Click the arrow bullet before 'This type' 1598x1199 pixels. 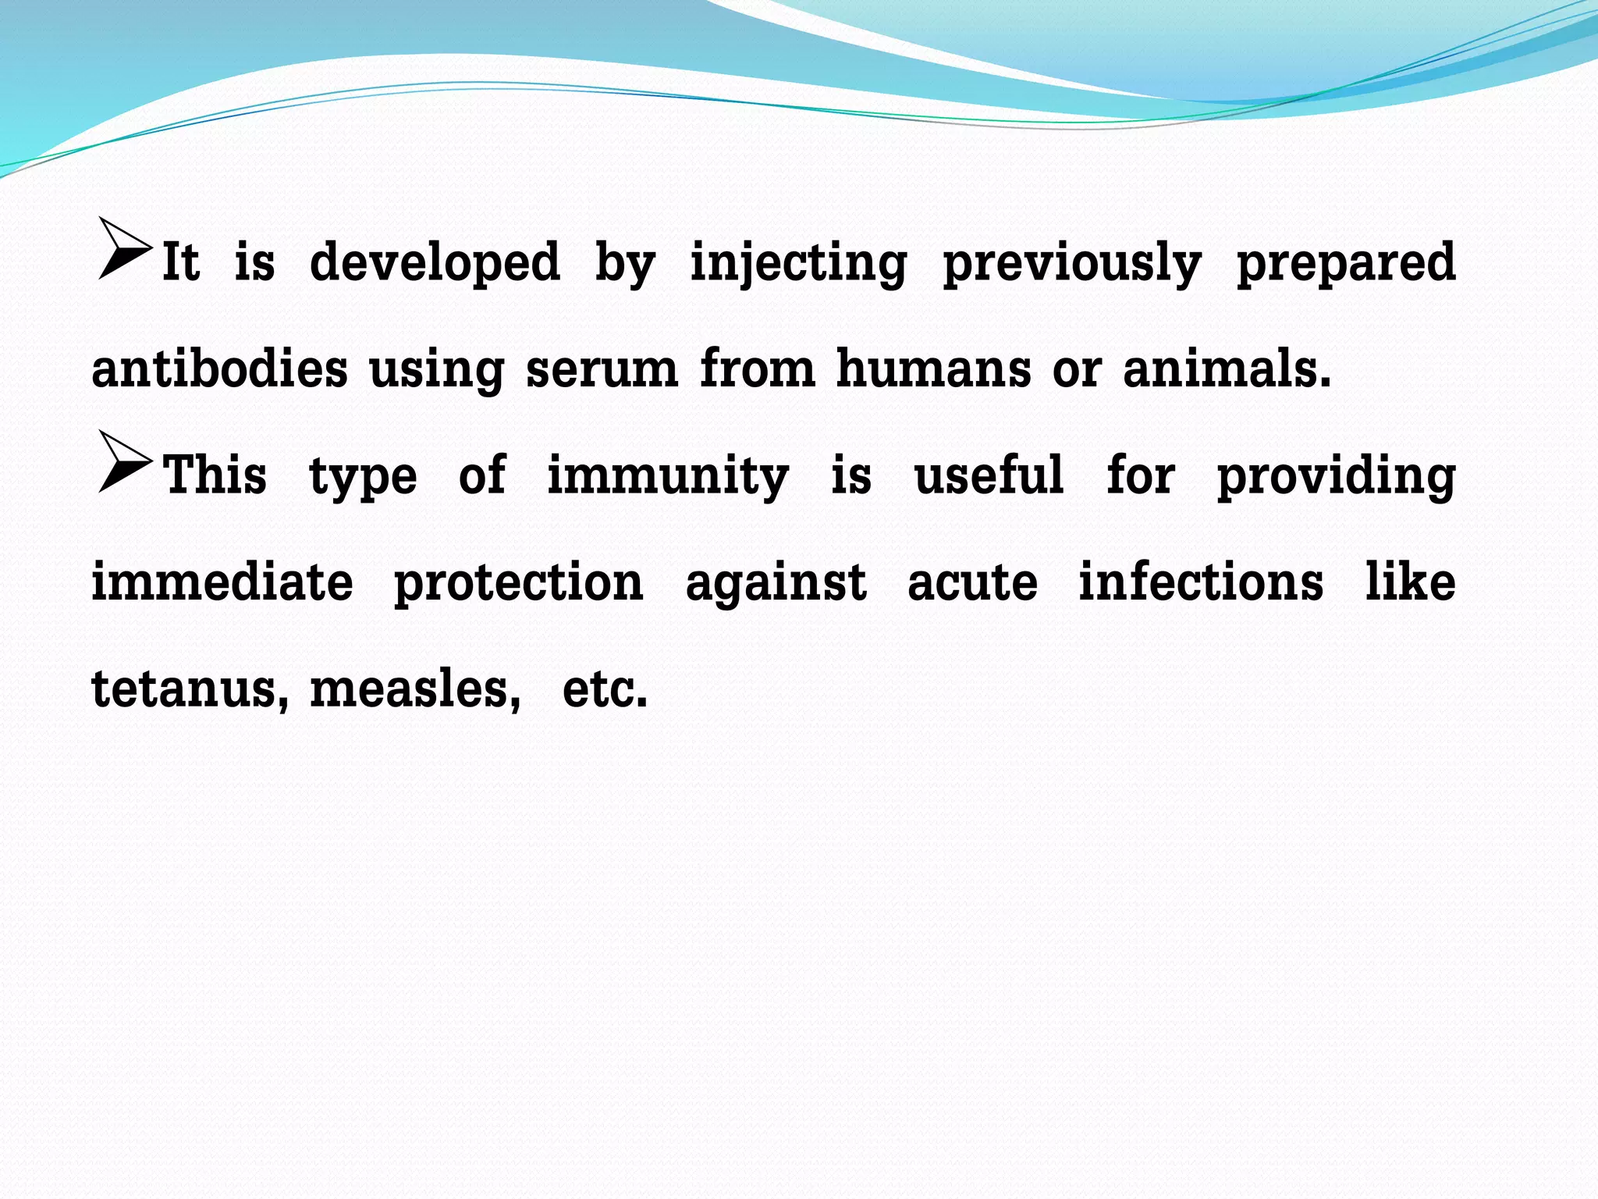123,462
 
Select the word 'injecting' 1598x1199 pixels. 798,263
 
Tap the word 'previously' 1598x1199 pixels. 1072,263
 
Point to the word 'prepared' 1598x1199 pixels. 1346,263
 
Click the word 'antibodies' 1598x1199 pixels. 219,368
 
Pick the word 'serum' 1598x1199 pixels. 602,368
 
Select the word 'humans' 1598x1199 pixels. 933,368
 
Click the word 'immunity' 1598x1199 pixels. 668,475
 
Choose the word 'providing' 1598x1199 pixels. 1336,475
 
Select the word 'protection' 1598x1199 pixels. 518,583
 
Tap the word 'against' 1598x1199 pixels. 776,583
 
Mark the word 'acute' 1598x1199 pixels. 972,583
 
